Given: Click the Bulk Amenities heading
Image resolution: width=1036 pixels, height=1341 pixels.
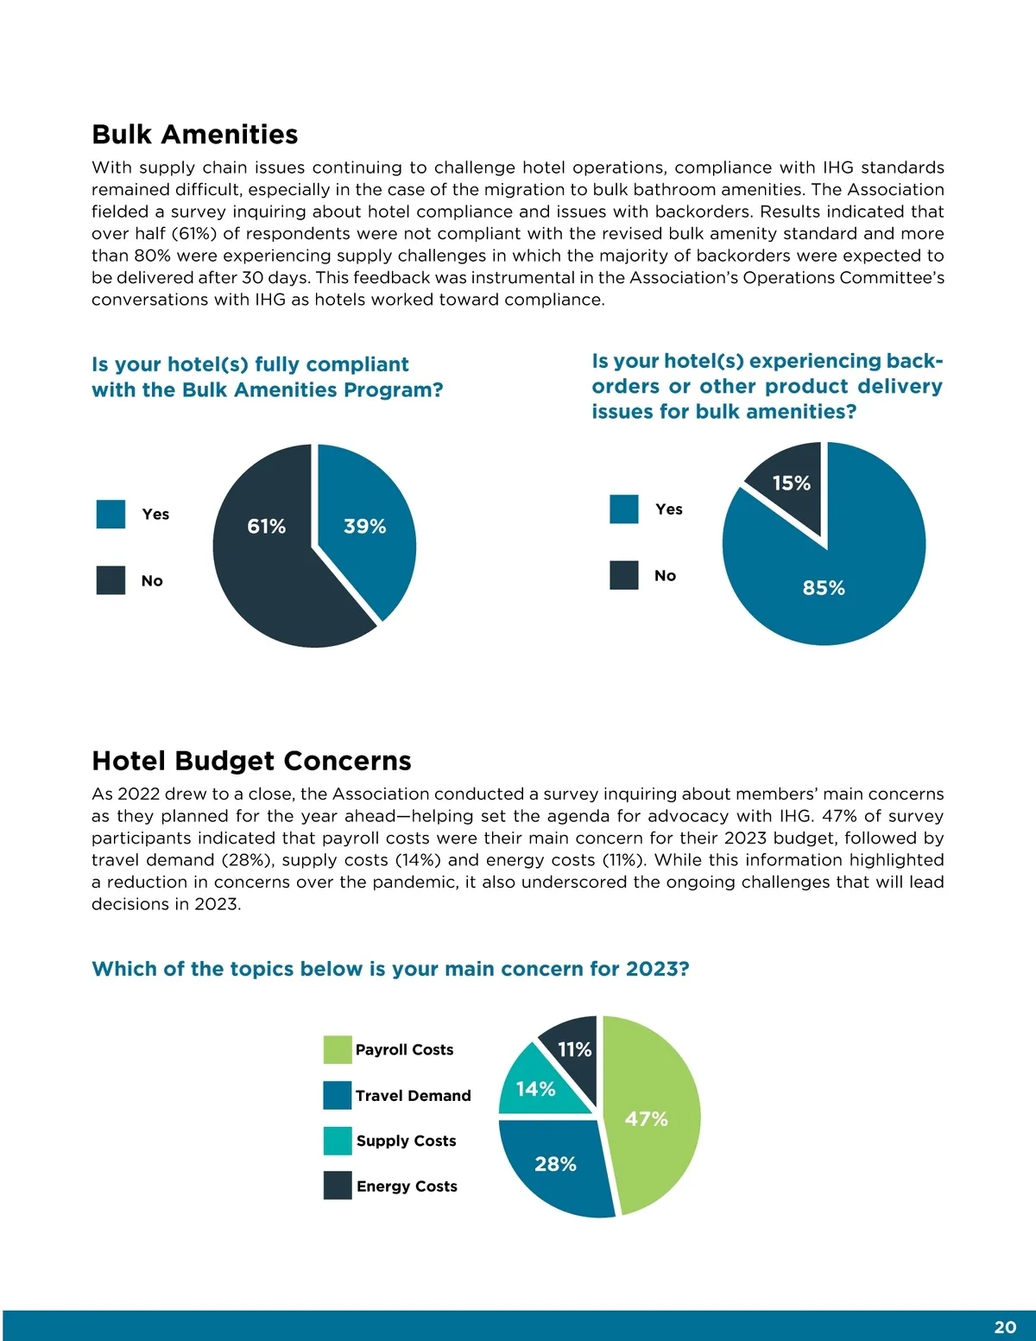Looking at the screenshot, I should [194, 135].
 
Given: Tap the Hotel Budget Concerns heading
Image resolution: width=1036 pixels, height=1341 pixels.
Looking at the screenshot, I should [251, 761].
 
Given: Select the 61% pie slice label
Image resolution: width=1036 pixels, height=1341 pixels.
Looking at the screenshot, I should [266, 527].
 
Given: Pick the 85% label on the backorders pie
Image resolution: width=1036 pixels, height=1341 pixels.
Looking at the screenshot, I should [824, 588].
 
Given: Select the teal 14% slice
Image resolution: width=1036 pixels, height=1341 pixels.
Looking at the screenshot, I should [535, 1089].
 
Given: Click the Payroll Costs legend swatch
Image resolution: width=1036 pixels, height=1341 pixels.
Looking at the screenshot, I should [338, 1050].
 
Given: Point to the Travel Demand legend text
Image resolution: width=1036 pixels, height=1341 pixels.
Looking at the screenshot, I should [413, 1096].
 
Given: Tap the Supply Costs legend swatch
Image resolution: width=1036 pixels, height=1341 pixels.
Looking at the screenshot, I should [338, 1141].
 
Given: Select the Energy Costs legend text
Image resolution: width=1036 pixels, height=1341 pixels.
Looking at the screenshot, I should [407, 1186].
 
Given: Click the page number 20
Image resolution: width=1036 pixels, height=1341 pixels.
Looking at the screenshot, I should [1005, 1327].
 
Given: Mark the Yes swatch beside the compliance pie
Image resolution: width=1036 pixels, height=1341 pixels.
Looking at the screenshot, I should [111, 514].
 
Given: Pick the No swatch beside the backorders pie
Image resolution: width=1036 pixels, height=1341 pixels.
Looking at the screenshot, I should [624, 575].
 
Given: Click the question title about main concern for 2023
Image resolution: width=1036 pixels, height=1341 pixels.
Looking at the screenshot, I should [390, 969].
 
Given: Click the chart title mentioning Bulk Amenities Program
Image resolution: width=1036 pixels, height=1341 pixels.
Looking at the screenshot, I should [267, 377].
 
